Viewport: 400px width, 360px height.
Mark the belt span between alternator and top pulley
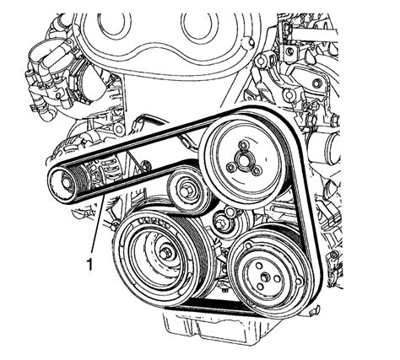[x=143, y=137]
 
